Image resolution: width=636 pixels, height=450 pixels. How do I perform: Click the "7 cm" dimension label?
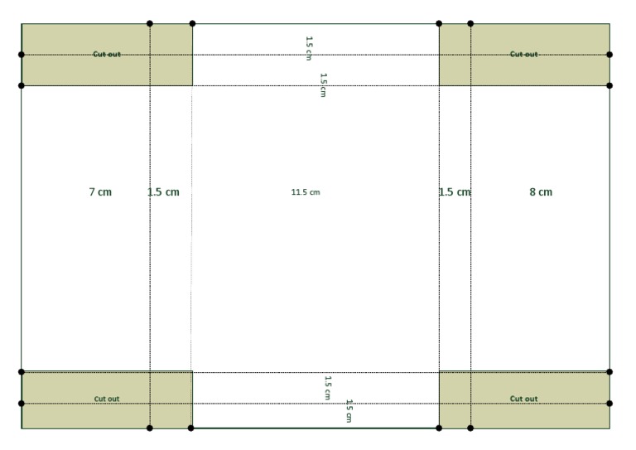coord(100,192)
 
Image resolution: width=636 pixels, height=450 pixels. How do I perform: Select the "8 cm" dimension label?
coord(541,192)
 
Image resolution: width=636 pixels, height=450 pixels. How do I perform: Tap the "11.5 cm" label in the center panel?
coord(306,192)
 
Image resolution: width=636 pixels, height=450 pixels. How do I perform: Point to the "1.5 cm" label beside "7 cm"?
coord(163,192)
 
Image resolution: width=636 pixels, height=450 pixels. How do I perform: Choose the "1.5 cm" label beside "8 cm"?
coord(455,192)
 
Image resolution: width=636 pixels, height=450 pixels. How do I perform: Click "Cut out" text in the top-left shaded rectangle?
coord(107,54)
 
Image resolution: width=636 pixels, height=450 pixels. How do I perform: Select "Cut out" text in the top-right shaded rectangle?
coord(523,54)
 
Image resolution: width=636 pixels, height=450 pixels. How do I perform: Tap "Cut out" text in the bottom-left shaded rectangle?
coord(107,399)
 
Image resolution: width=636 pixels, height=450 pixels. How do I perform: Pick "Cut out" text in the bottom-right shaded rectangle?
coord(523,399)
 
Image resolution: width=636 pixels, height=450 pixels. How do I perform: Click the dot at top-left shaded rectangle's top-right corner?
coord(192,23)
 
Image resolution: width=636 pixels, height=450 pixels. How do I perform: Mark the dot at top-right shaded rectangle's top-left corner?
coord(439,23)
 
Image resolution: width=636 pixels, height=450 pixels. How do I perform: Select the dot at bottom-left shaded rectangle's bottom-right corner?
coord(191,428)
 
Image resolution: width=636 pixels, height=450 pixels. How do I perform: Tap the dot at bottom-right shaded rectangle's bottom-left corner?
coord(439,428)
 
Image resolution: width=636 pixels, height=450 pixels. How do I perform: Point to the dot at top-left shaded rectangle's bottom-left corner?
coord(22,85)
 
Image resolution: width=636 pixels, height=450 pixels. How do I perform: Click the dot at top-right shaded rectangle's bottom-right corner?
coord(609,85)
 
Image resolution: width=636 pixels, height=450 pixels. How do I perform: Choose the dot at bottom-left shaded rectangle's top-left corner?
coord(22,372)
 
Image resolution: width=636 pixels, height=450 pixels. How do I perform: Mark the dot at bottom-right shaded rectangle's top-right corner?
coord(609,372)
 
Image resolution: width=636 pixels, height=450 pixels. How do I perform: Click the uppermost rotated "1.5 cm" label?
coord(309,48)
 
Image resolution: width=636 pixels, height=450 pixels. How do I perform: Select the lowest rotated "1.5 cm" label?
coord(349,411)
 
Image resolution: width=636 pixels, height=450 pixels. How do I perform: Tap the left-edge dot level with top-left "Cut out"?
coord(22,55)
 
